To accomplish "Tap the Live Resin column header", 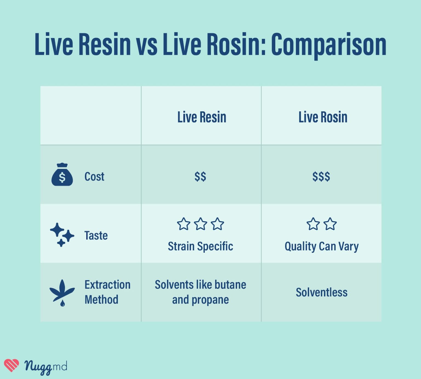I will pyautogui.click(x=202, y=117).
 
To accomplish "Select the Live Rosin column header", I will pyautogui.click(x=323, y=117).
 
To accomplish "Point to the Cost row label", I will pyautogui.click(x=94, y=177).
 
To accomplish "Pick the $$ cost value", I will pyautogui.click(x=200, y=176).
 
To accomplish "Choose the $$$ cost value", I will pyautogui.click(x=321, y=176).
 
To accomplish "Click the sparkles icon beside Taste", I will pyautogui.click(x=62, y=235).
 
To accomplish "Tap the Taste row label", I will pyautogui.click(x=96, y=236).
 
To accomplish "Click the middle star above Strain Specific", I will pyautogui.click(x=201, y=224).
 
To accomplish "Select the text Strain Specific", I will pyautogui.click(x=200, y=246).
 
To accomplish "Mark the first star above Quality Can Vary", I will pyautogui.click(x=313, y=224).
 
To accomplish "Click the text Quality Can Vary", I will pyautogui.click(x=322, y=247).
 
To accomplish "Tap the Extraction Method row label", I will pyautogui.click(x=107, y=292).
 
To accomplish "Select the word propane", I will pyautogui.click(x=210, y=300).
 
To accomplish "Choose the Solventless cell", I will pyautogui.click(x=322, y=292).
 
